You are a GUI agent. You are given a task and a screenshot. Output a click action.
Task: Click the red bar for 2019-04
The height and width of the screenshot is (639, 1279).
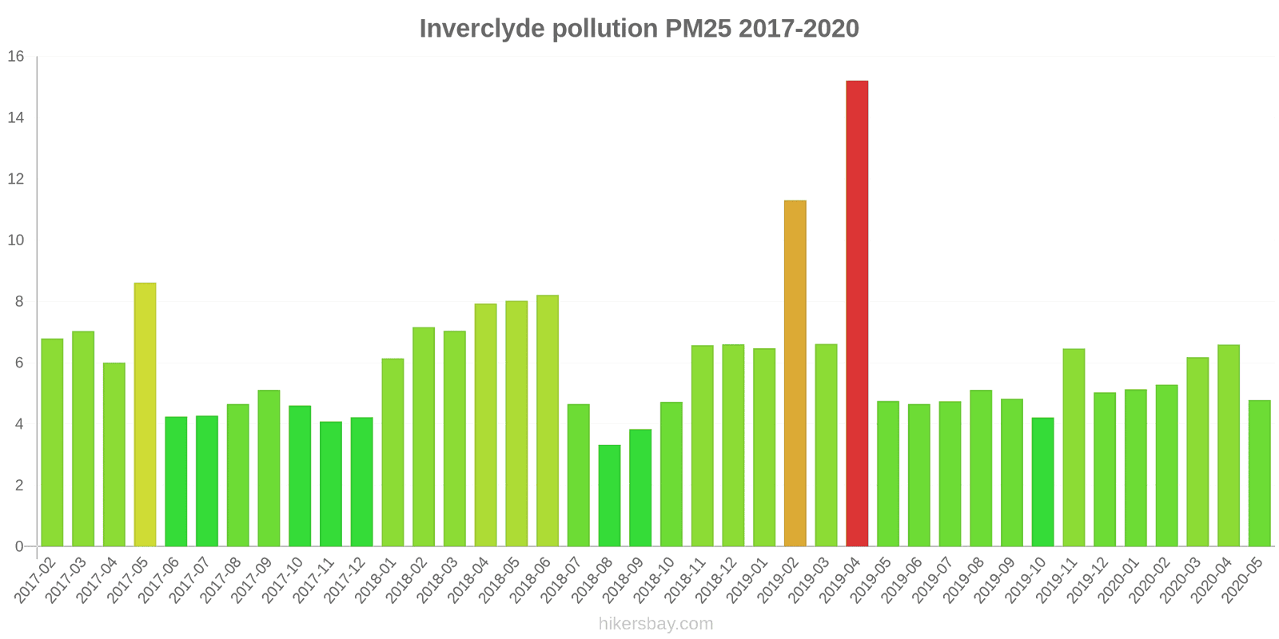point(857,313)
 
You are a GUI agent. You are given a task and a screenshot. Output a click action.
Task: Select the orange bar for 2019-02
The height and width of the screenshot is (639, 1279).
point(795,373)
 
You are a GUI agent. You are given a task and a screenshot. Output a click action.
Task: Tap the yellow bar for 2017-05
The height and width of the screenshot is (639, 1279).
point(145,415)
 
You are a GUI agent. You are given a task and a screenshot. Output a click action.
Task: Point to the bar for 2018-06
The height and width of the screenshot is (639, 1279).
point(548,421)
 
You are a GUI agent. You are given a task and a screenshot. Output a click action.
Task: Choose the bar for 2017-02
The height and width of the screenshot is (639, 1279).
point(52,443)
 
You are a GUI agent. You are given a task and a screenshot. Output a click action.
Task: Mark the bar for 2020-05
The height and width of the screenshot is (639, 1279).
point(1259,473)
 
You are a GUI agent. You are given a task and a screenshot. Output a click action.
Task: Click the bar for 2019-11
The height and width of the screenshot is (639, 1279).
point(1074,447)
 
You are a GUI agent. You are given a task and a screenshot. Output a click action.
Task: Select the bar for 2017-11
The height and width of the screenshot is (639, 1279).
point(330,484)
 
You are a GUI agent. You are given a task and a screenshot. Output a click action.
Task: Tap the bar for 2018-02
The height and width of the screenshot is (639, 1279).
point(424,437)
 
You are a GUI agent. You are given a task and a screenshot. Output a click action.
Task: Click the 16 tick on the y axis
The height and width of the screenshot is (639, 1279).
point(16,57)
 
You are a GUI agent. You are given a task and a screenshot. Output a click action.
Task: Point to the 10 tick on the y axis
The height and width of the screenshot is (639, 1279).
point(16,240)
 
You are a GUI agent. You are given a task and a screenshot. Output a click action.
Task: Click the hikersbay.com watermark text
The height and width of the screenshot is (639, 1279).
point(655,624)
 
